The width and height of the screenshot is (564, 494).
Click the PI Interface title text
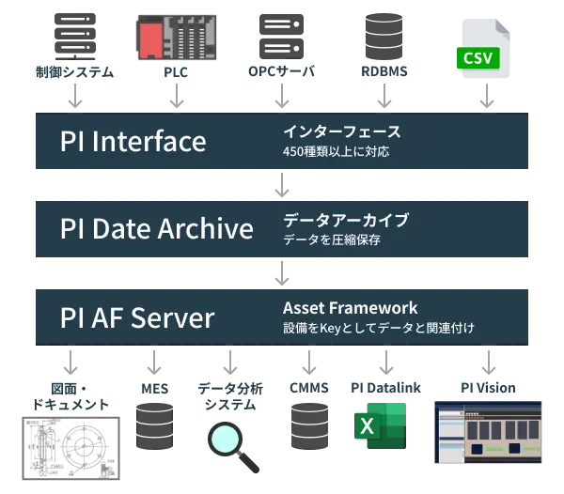133,141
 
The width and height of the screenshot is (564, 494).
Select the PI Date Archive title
156,228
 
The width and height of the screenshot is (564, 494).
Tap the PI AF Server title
137,316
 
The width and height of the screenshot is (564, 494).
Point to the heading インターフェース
342,131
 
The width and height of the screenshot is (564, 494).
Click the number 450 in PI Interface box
293,150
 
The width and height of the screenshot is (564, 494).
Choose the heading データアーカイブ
346,220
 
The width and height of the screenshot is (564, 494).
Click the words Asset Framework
350,308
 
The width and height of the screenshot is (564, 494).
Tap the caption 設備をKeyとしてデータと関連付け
378,328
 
